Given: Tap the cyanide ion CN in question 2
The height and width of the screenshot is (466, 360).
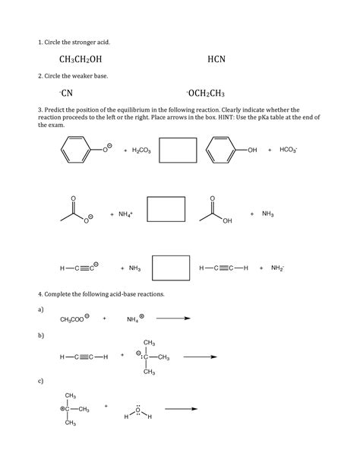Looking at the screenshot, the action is [66, 94].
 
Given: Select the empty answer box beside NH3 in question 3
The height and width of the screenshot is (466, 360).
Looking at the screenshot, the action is [171, 268].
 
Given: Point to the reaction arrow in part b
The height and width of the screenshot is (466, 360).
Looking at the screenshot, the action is [201, 356].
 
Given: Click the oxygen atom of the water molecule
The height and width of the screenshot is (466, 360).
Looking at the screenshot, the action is [138, 411].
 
